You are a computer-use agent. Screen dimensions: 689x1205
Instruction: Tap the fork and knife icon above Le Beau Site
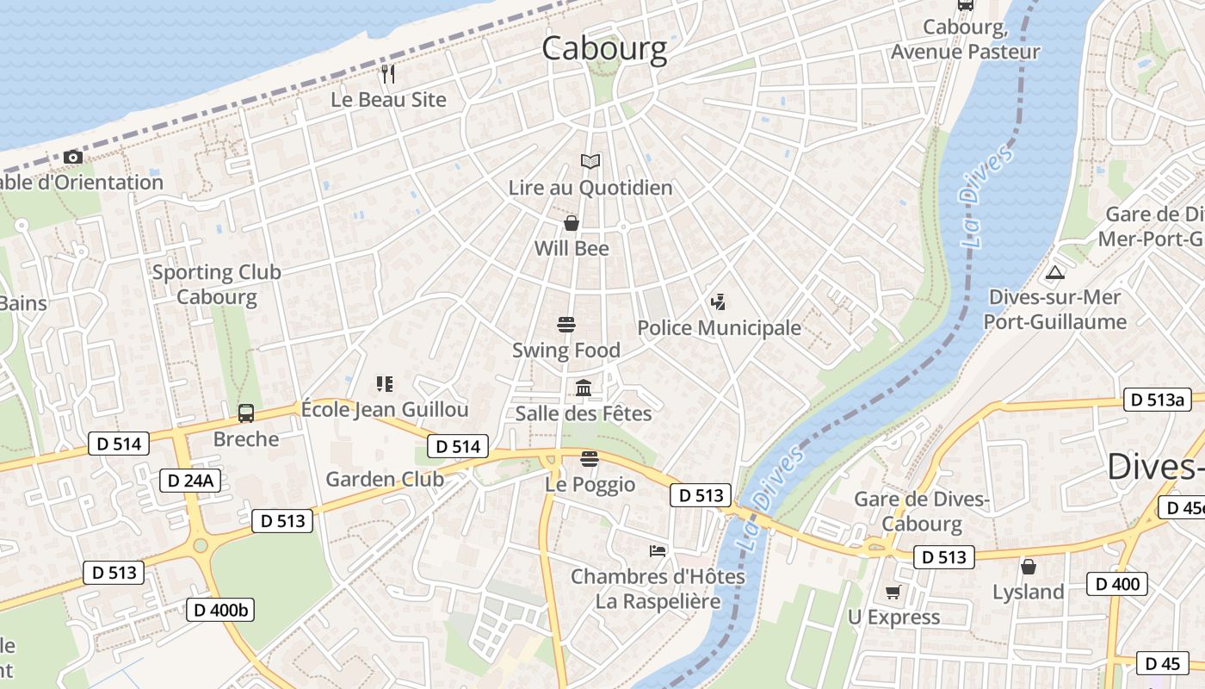388,74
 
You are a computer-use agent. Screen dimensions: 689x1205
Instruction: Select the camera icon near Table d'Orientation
73,157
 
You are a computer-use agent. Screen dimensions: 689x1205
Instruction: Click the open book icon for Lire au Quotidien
590,161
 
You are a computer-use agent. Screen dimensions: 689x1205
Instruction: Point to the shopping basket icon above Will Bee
571,224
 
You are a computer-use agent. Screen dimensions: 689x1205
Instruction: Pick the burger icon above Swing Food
566,325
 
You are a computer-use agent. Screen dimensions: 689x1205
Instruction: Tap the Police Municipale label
719,328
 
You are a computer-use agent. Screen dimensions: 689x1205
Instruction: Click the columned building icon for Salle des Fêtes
584,388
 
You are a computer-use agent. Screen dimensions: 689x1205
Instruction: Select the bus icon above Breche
246,413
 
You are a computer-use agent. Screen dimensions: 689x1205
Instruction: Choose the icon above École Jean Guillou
384,383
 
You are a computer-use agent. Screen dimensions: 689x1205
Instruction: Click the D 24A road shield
190,481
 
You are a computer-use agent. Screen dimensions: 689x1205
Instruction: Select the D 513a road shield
1158,400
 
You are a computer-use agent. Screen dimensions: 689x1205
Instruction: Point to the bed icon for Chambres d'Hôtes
658,550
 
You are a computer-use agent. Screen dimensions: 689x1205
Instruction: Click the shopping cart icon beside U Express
893,593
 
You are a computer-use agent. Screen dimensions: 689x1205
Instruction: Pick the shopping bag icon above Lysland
1028,567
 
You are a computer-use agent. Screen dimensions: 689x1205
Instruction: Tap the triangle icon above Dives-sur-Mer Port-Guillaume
1054,273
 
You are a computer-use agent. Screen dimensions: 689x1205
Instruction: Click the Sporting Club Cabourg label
217,285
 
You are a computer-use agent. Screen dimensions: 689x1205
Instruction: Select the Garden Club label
385,480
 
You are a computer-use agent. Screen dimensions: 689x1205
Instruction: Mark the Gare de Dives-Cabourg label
922,512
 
